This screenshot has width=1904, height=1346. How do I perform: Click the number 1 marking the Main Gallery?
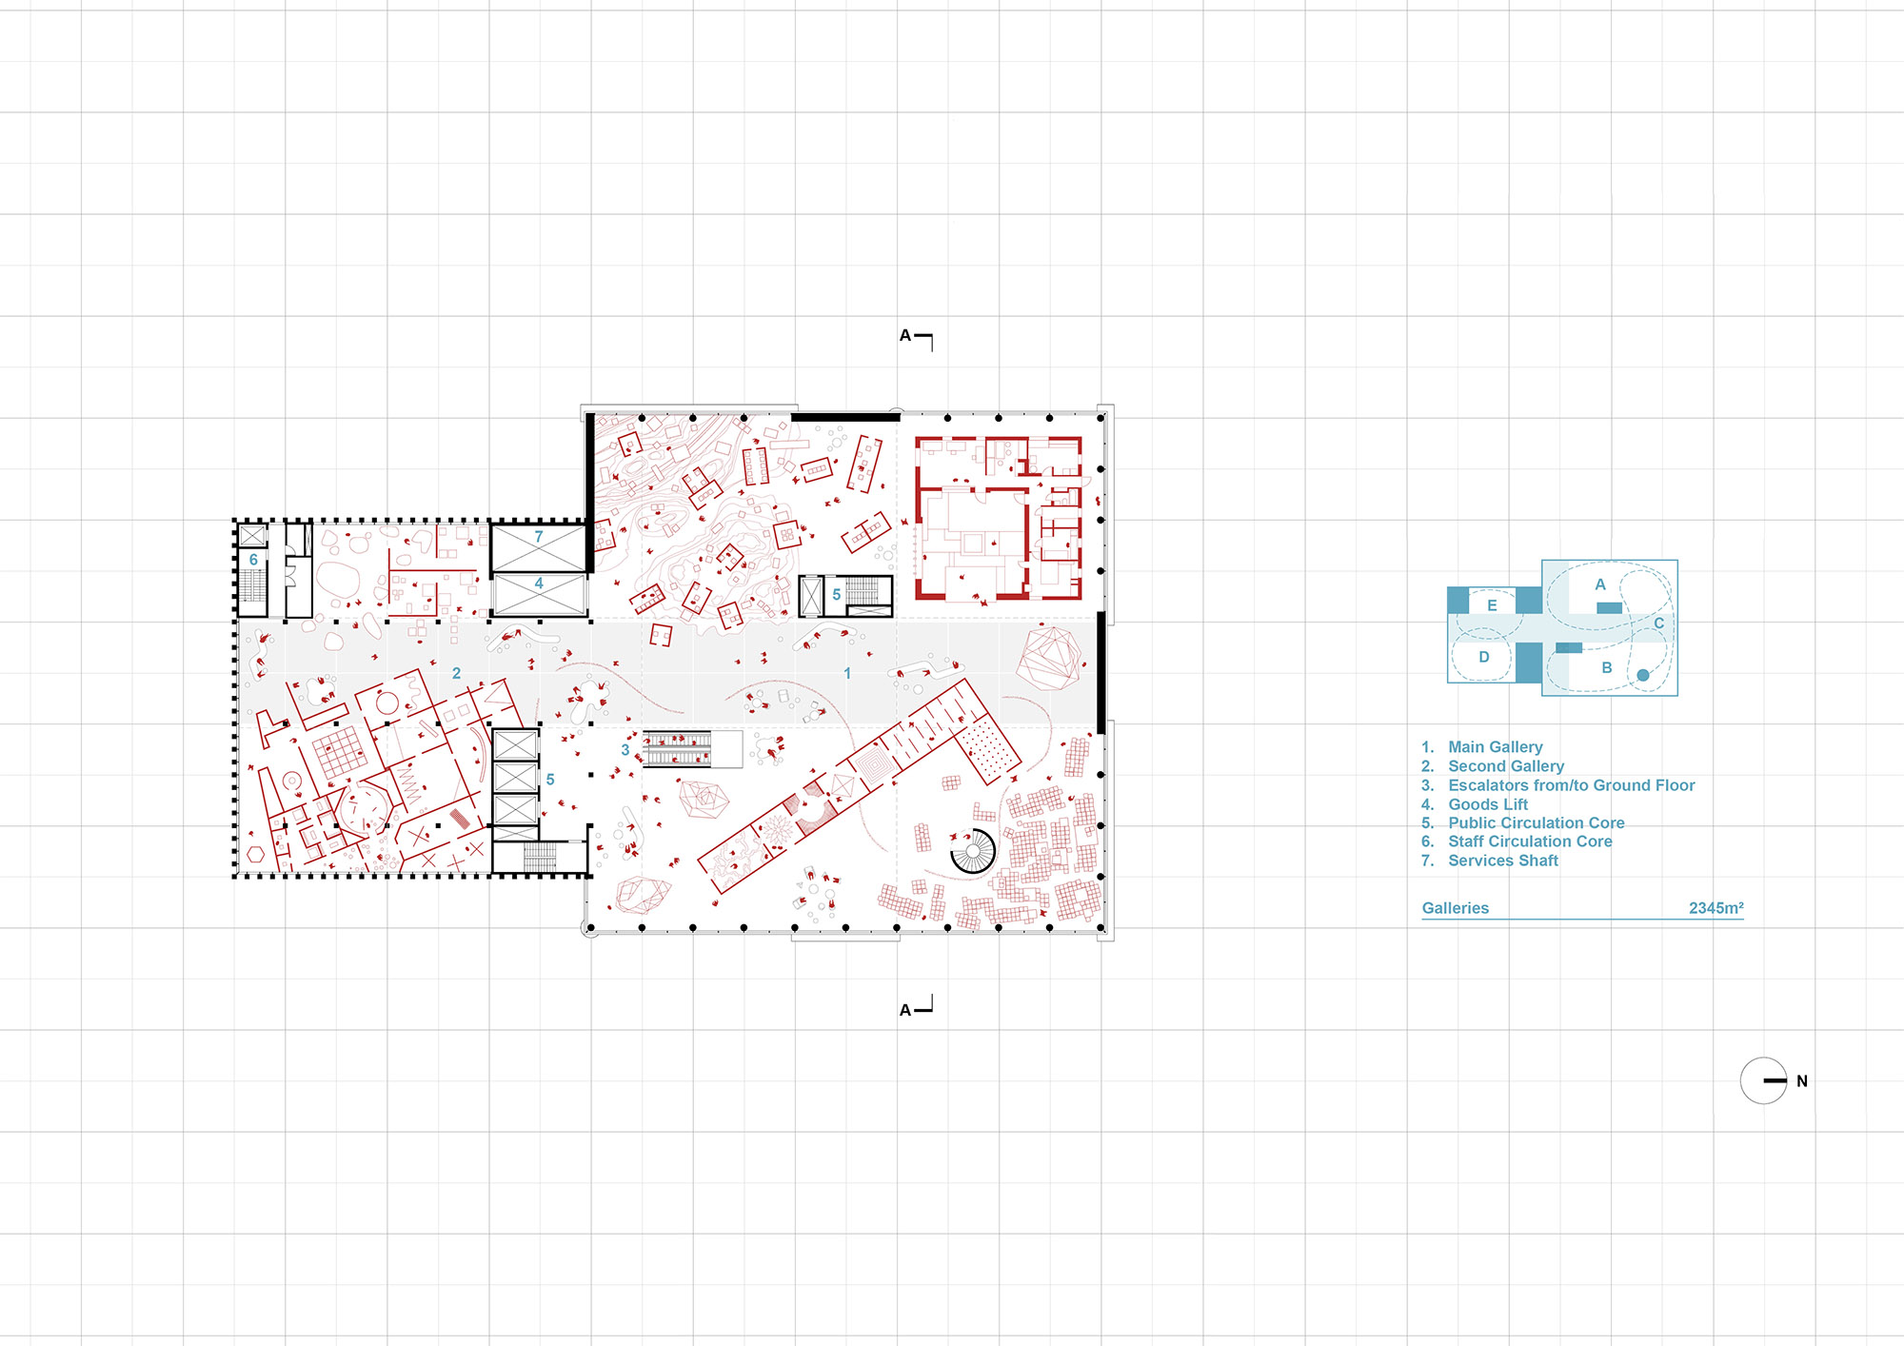(x=847, y=673)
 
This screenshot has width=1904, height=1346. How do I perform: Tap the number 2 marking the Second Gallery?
(x=456, y=673)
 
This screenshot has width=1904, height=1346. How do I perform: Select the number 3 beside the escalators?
(x=625, y=750)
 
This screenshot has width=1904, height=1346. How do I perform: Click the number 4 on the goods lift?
(x=539, y=584)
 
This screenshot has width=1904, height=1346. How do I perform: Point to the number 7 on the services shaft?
(x=539, y=537)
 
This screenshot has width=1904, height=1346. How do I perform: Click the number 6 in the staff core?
(x=253, y=560)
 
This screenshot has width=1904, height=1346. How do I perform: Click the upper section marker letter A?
(x=905, y=336)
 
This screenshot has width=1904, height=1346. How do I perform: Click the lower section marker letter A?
(x=905, y=1010)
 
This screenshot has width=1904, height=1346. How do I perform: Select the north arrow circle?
(x=1763, y=1080)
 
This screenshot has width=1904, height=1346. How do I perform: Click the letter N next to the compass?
(x=1802, y=1081)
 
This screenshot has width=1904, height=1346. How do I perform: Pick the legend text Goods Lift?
(x=1488, y=804)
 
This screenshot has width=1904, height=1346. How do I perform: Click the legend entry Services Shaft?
(x=1503, y=861)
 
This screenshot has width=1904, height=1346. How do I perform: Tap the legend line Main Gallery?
(x=1496, y=747)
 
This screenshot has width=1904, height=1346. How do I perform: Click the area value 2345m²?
(x=1716, y=908)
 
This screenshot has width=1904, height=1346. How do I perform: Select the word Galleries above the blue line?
(x=1456, y=908)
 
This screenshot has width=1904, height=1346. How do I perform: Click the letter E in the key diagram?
(x=1492, y=605)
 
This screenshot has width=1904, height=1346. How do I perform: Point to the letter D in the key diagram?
(x=1483, y=657)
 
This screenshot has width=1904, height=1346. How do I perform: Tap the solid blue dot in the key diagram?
(x=1643, y=675)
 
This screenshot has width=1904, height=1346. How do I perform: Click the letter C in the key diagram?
(x=1658, y=624)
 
